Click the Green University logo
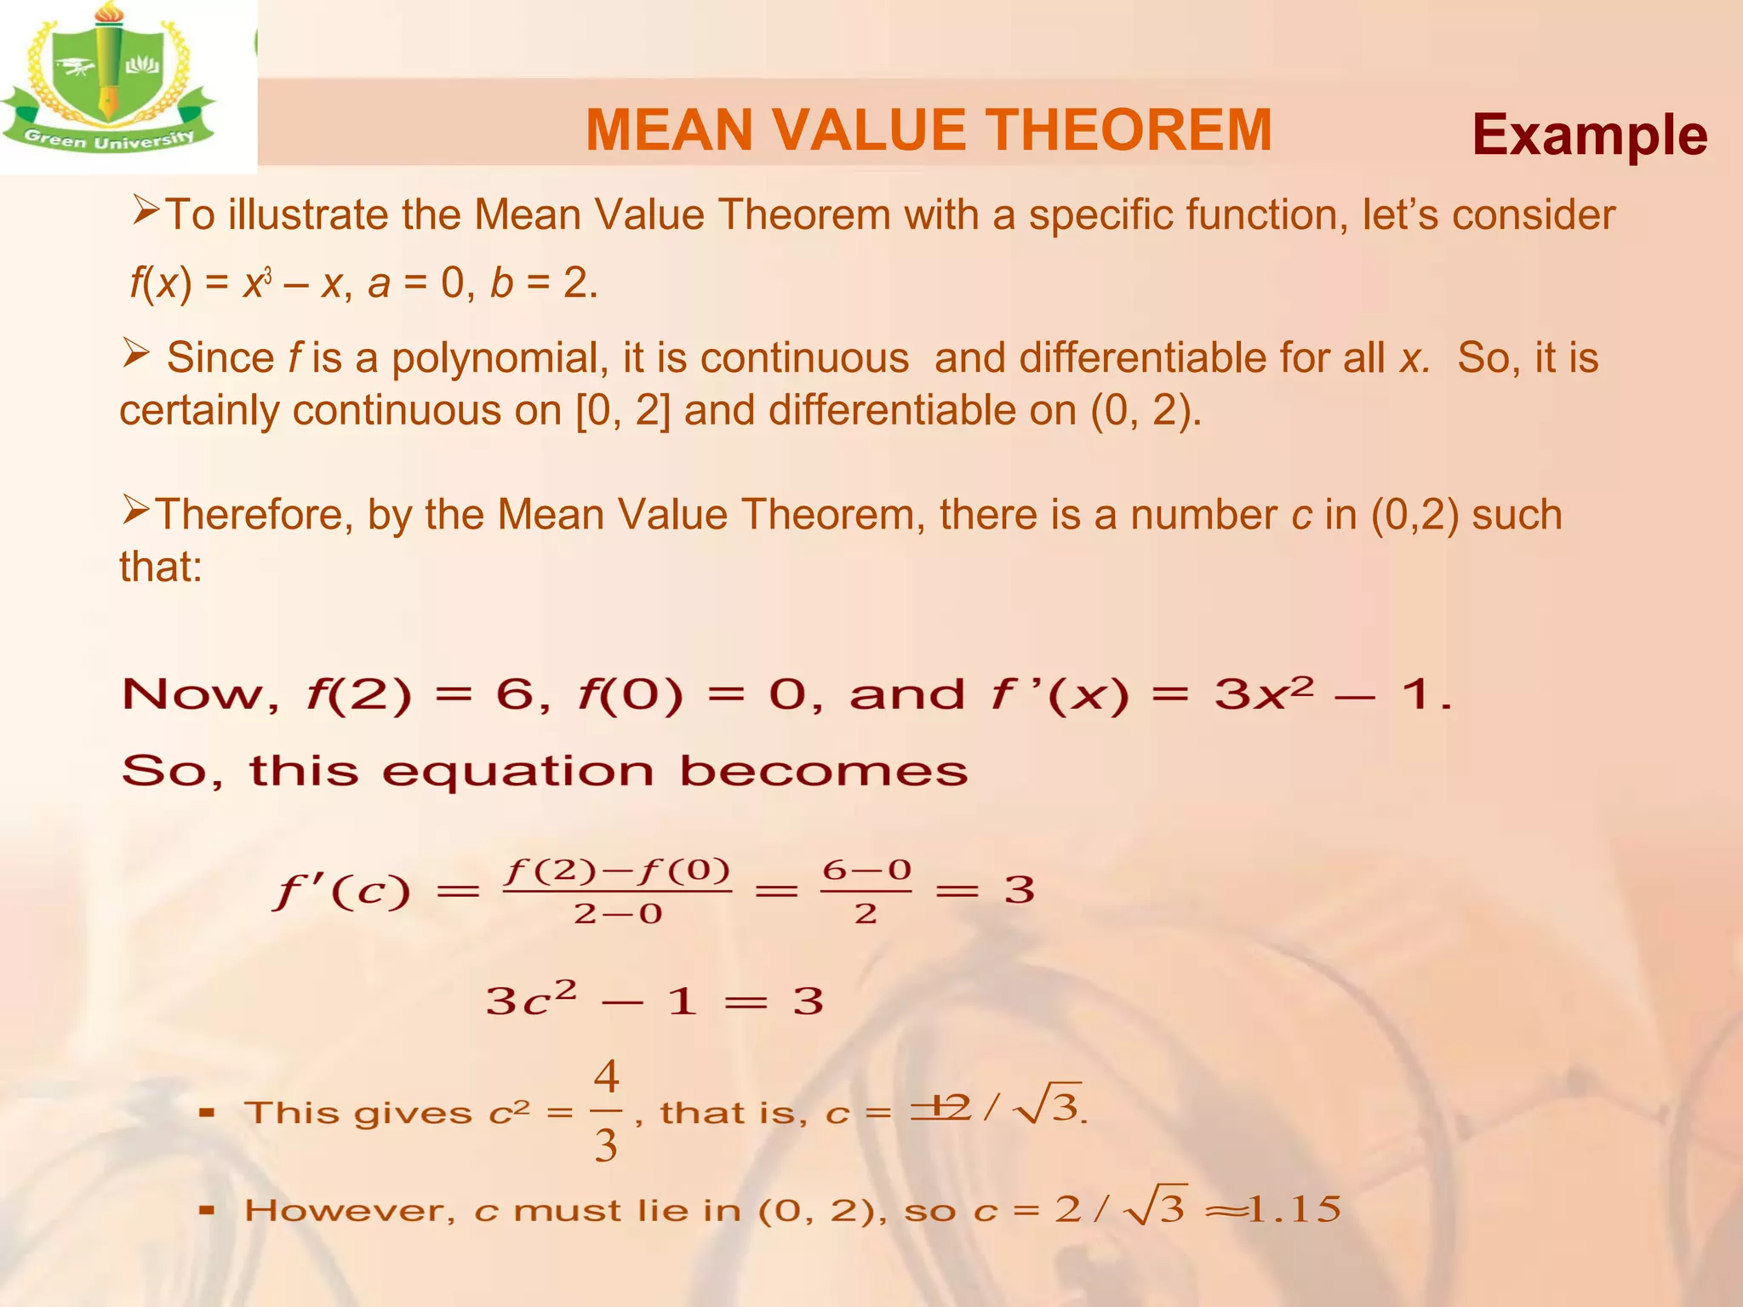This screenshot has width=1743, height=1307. click(x=109, y=81)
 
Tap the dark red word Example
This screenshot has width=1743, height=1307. click(x=1589, y=135)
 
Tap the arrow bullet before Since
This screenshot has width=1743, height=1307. click(x=136, y=351)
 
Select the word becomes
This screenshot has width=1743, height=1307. click(x=823, y=772)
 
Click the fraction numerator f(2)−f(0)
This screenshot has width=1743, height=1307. click(x=617, y=870)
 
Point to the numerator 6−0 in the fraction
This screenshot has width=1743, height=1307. click(x=866, y=870)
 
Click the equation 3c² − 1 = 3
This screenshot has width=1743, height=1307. click(x=654, y=1000)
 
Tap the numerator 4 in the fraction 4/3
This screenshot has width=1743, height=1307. click(x=606, y=1077)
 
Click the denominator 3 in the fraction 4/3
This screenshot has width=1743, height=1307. click(x=606, y=1145)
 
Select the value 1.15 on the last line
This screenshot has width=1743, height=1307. click(x=1294, y=1209)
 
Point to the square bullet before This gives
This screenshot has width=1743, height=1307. click(x=206, y=1112)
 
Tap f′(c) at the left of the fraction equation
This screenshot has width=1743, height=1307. click(x=341, y=892)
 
